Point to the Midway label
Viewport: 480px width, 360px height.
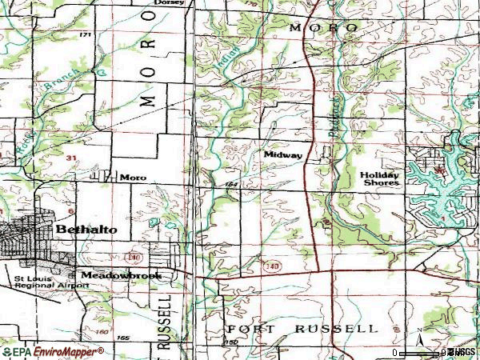click(282, 154)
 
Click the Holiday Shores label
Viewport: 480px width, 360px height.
click(379, 178)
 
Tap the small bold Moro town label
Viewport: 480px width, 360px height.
click(133, 177)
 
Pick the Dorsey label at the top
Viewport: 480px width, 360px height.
click(171, 3)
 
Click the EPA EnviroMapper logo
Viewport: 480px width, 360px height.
click(52, 352)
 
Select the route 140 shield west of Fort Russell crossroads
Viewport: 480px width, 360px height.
click(274, 264)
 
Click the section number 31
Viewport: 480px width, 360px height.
click(71, 158)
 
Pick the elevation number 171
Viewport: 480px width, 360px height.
click(86, 35)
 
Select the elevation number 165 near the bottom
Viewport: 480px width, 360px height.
click(122, 338)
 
